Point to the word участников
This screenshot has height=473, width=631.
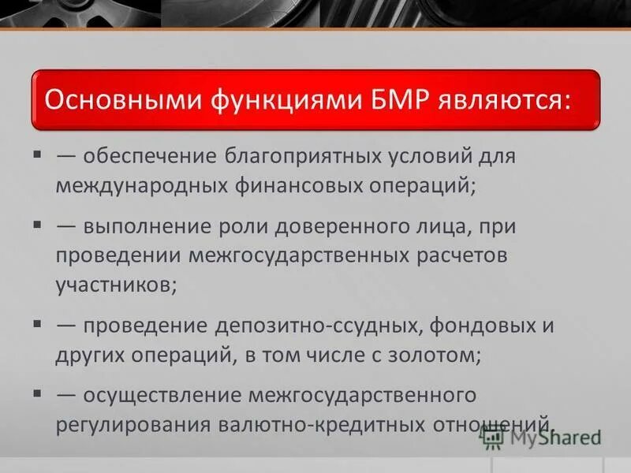[x=115, y=285]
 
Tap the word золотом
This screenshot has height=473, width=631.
[x=439, y=355]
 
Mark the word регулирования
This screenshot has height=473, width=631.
[x=126, y=423]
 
